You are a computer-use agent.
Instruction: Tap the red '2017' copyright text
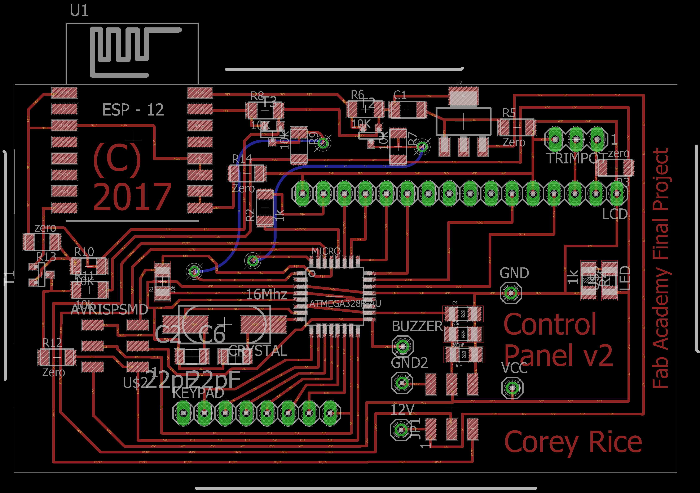[132, 196]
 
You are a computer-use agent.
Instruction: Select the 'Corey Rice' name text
[573, 442]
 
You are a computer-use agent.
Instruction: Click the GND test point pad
[511, 293]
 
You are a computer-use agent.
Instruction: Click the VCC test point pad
[512, 388]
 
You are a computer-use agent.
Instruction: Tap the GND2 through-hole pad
[402, 383]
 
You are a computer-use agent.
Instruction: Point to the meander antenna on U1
[128, 50]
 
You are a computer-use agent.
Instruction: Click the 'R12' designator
[52, 343]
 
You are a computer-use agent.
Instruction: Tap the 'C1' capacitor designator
[400, 96]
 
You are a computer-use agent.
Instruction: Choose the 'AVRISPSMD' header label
[109, 310]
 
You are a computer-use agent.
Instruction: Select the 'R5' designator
[509, 113]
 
